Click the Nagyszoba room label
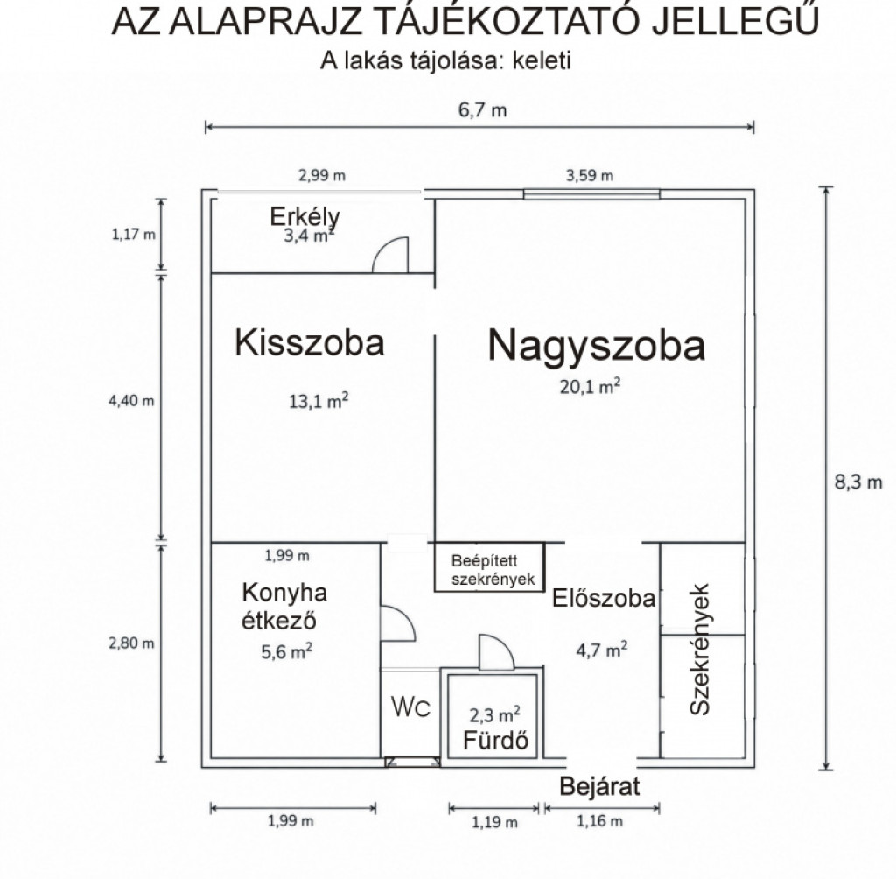coord(596,346)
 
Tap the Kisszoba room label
coord(309,342)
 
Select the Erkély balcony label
coord(304,217)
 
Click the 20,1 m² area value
coord(590,386)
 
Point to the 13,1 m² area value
coord(318,400)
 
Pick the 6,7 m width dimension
coord(482,109)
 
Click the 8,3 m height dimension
coord(858,482)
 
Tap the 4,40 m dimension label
coord(131,400)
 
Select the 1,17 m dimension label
coord(134,234)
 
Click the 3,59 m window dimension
coord(590,175)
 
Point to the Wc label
coord(411,707)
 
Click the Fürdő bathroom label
coord(495,740)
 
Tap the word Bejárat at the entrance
coord(599,787)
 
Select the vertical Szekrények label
coord(699,649)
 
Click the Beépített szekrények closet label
coord(493,570)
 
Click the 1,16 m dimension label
coord(599,821)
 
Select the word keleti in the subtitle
coord(542,60)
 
